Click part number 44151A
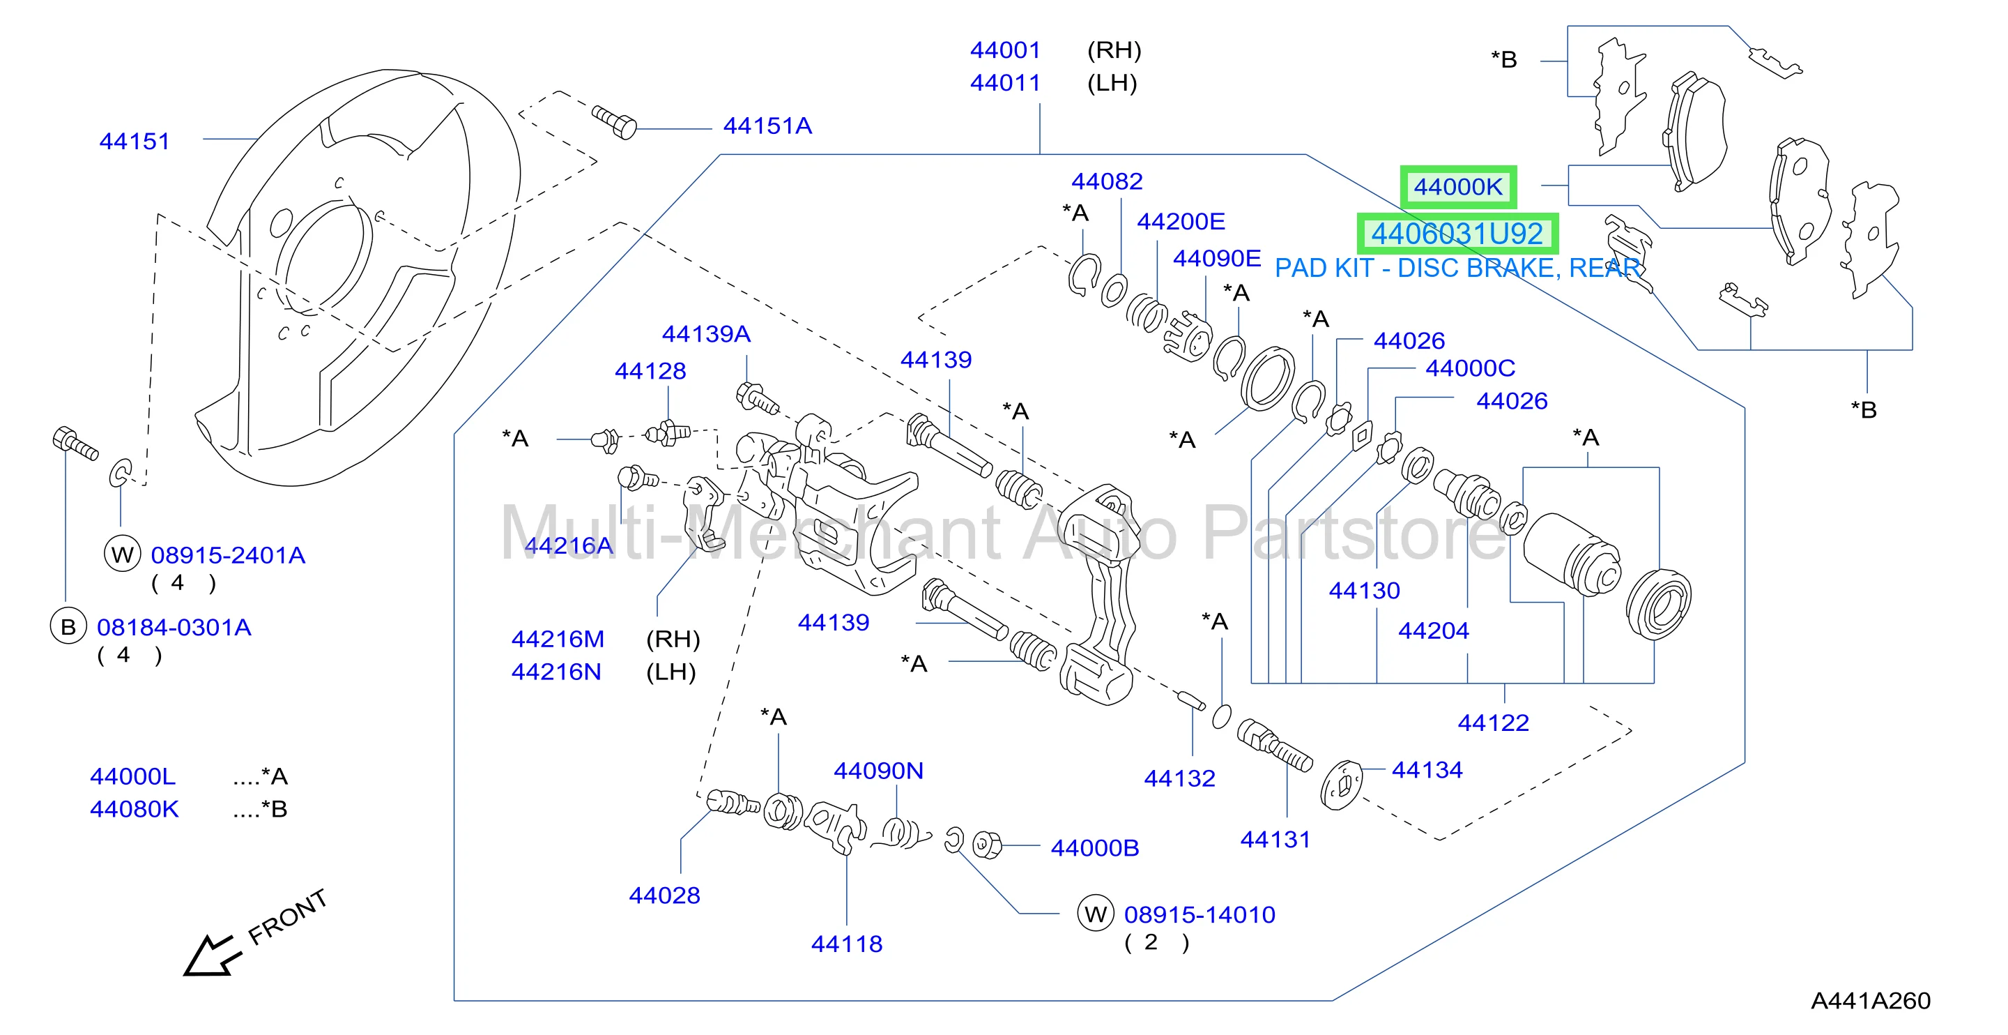(767, 126)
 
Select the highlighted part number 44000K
(1457, 187)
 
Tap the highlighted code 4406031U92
(1457, 234)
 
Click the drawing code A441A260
(1870, 1001)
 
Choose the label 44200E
(1181, 222)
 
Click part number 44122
(1493, 723)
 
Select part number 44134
(1427, 770)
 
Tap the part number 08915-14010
(1199, 915)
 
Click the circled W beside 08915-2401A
(123, 554)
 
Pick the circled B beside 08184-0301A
(68, 626)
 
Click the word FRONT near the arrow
(287, 917)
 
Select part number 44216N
(555, 672)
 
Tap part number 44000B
(1094, 848)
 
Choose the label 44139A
(705, 334)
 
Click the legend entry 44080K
(134, 809)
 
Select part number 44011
(1005, 83)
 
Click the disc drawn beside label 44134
(1342, 785)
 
